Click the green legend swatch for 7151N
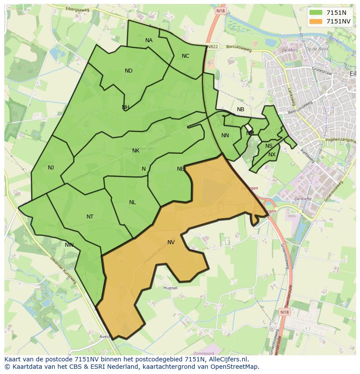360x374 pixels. (x=316, y=13)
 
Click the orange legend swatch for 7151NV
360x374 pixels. (x=316, y=21)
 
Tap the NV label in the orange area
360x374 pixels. (x=171, y=242)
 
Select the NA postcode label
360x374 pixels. (x=149, y=40)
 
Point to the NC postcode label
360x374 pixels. (x=185, y=56)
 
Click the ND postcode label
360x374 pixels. (x=128, y=71)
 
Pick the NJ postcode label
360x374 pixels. (x=51, y=168)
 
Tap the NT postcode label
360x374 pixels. (x=90, y=217)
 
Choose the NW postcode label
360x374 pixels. (x=69, y=245)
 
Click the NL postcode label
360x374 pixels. (x=132, y=202)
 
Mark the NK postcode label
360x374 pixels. (x=136, y=151)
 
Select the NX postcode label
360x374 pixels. (x=272, y=155)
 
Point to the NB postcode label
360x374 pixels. (x=240, y=109)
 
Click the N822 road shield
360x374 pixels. (x=213, y=46)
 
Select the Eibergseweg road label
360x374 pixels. (x=77, y=9)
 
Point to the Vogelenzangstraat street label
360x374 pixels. (x=343, y=140)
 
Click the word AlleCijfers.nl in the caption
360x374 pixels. (x=226, y=359)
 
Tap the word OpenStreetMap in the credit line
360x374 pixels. (x=235, y=367)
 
